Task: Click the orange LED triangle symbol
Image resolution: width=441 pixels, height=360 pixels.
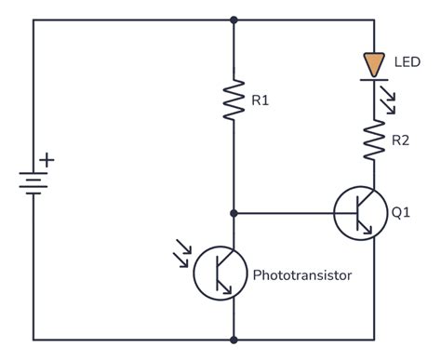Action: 374,64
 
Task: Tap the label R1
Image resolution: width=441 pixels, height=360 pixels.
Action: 261,100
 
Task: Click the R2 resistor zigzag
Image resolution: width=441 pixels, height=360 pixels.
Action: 374,140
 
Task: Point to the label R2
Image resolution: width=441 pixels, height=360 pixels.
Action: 401,141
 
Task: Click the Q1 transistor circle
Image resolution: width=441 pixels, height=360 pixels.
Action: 359,213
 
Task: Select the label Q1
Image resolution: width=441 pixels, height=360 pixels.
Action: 401,213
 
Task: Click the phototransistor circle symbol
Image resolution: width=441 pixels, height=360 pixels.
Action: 219,273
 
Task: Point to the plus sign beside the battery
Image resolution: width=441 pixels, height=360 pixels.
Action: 47,160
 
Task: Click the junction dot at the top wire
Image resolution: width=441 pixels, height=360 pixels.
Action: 234,19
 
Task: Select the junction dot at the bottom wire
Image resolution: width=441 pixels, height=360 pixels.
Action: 234,340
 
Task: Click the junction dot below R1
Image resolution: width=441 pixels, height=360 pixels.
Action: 234,213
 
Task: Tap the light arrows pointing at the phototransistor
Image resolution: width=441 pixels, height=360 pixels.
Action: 183,249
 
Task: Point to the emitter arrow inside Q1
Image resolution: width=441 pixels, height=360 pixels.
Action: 369,228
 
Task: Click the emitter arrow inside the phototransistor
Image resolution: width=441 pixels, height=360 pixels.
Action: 228,289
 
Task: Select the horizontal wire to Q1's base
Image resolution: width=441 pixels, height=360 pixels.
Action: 288,213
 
